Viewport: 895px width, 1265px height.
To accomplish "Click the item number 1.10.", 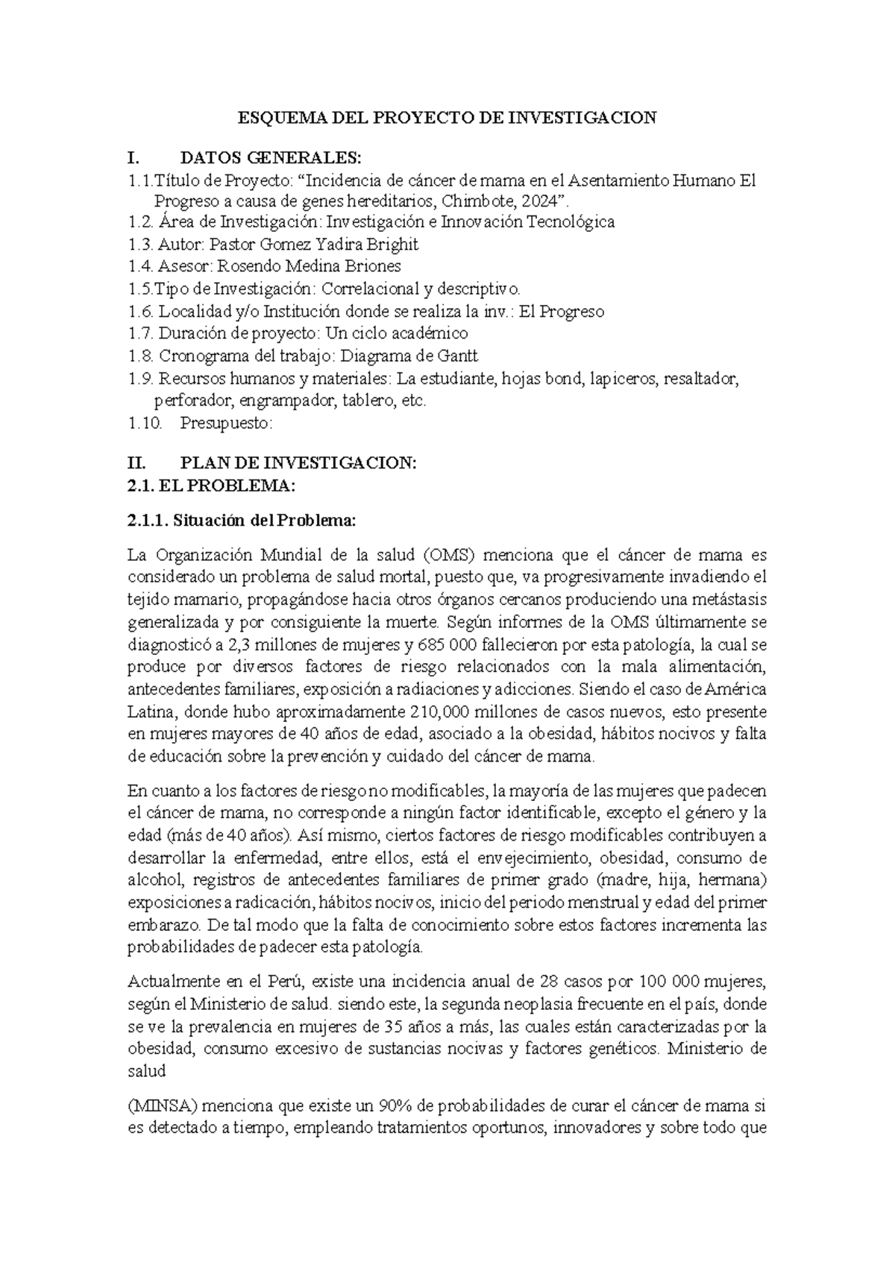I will [x=145, y=423].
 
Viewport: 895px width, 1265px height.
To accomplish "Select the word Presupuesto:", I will [x=227, y=423].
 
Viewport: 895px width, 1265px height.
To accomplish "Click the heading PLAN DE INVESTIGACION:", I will [x=298, y=463].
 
